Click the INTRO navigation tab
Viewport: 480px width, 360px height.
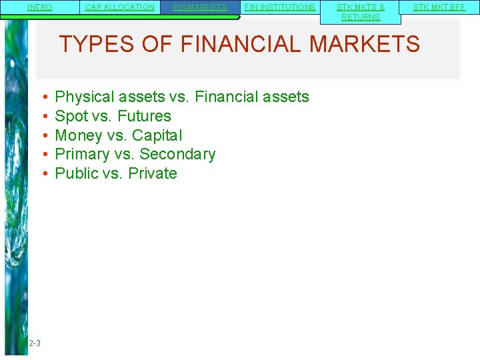[40, 7]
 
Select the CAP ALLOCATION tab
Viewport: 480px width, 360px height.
[120, 7]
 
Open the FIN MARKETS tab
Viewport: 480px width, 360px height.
[200, 7]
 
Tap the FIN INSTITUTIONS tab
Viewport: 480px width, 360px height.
[280, 7]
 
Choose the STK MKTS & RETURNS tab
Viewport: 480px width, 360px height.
[361, 12]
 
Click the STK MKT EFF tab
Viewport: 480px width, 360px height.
[439, 7]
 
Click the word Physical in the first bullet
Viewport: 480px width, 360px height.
[82, 97]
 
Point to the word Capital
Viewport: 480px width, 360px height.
[157, 135]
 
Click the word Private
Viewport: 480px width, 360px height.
[153, 173]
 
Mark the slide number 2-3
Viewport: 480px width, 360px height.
[35, 343]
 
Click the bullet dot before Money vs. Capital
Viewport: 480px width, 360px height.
[42, 135]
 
